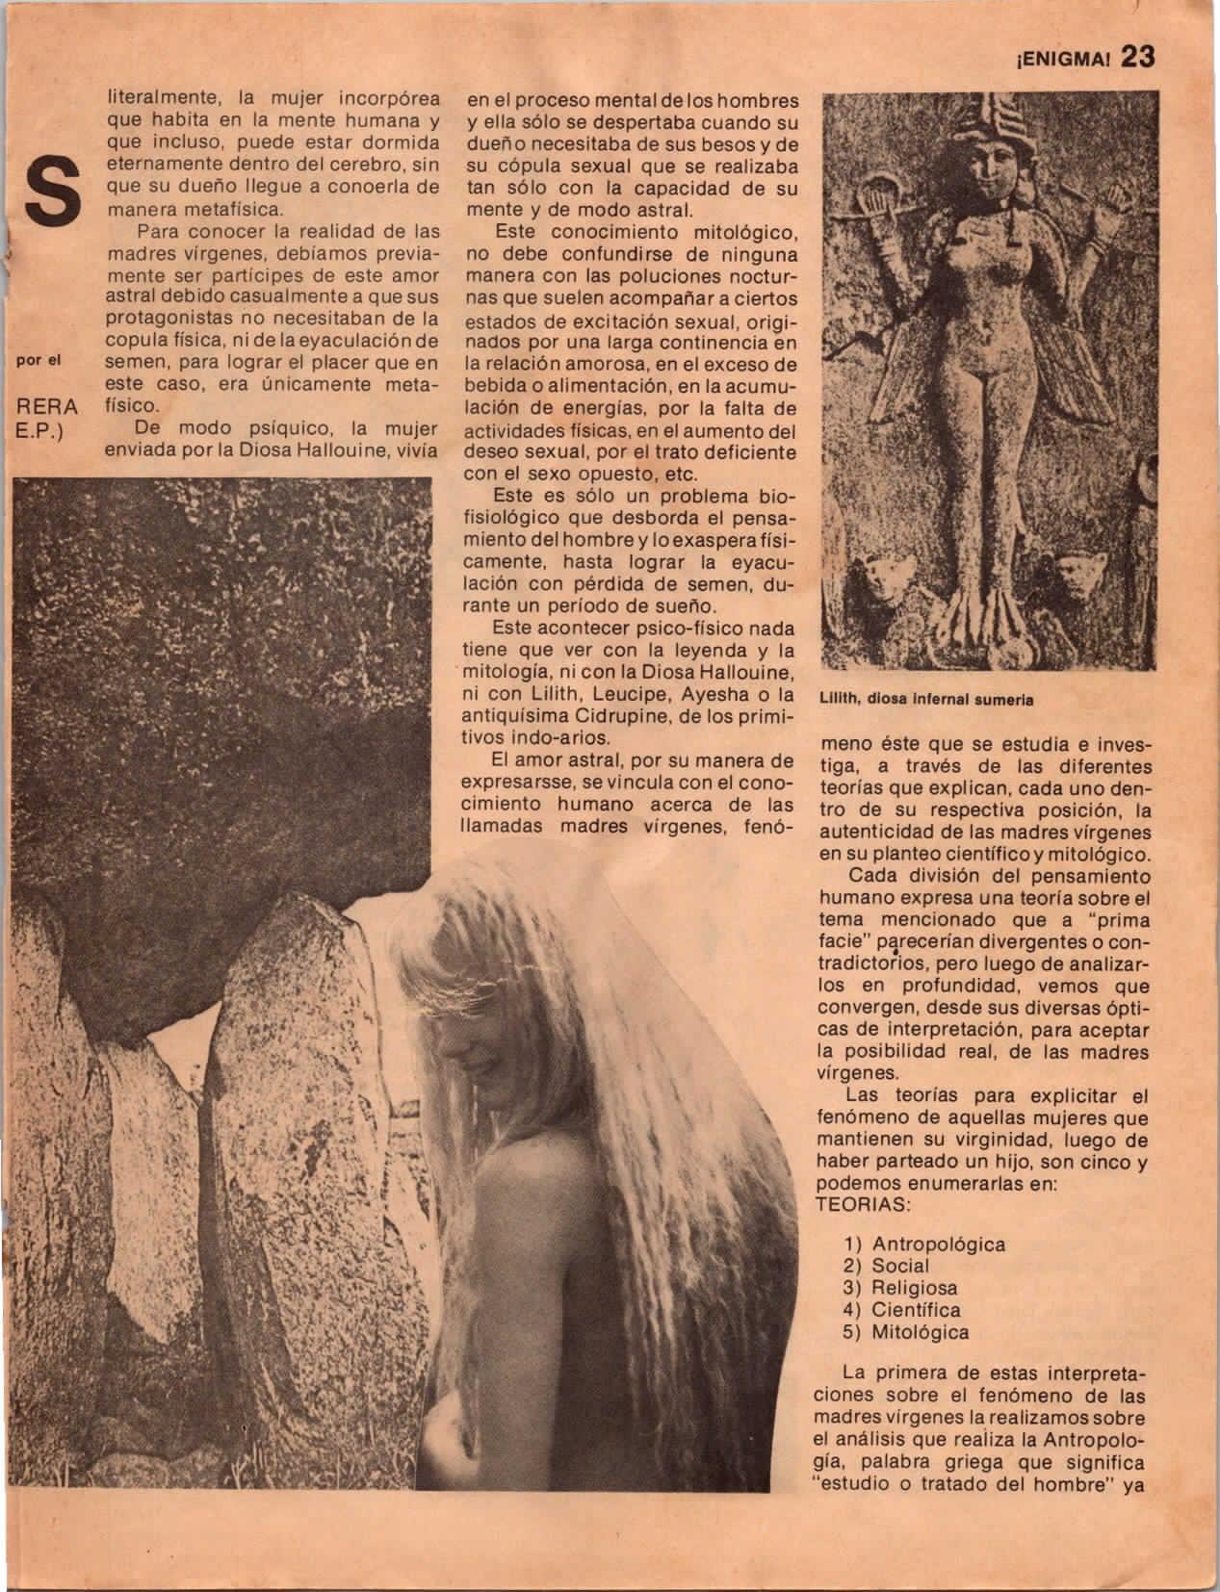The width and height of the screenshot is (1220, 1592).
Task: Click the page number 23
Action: [1136, 57]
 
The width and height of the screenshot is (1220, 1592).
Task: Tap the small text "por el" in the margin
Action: [39, 362]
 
